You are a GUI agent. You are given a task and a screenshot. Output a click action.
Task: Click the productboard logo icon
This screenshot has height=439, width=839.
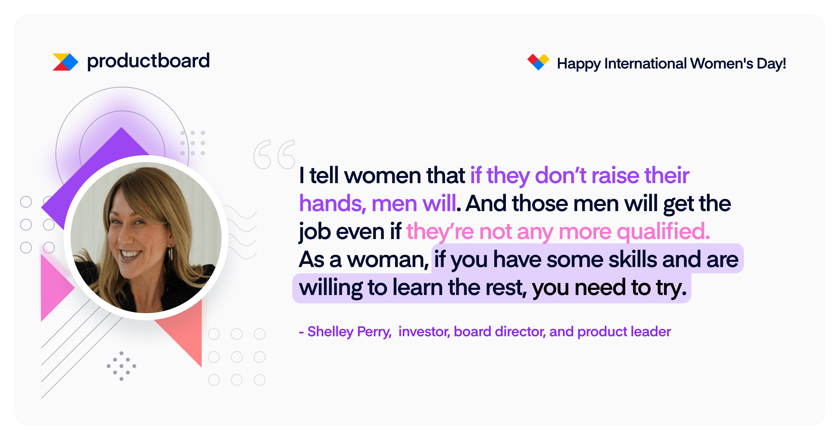click(65, 62)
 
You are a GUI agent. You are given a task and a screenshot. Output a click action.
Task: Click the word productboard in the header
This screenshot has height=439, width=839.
click(148, 61)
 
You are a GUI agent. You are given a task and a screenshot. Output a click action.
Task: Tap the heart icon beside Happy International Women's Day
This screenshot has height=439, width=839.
click(538, 62)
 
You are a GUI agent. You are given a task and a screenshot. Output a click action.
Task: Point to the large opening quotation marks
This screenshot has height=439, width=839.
click(274, 154)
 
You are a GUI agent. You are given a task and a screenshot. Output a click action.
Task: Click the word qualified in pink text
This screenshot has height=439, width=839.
click(664, 231)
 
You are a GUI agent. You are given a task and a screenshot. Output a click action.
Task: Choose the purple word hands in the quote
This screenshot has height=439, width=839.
click(332, 204)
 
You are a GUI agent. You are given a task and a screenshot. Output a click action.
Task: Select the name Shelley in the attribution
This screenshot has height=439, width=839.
click(330, 332)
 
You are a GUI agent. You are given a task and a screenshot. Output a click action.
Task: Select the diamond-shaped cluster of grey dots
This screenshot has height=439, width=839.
click(121, 366)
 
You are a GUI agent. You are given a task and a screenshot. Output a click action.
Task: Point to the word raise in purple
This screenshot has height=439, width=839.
click(615, 175)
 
